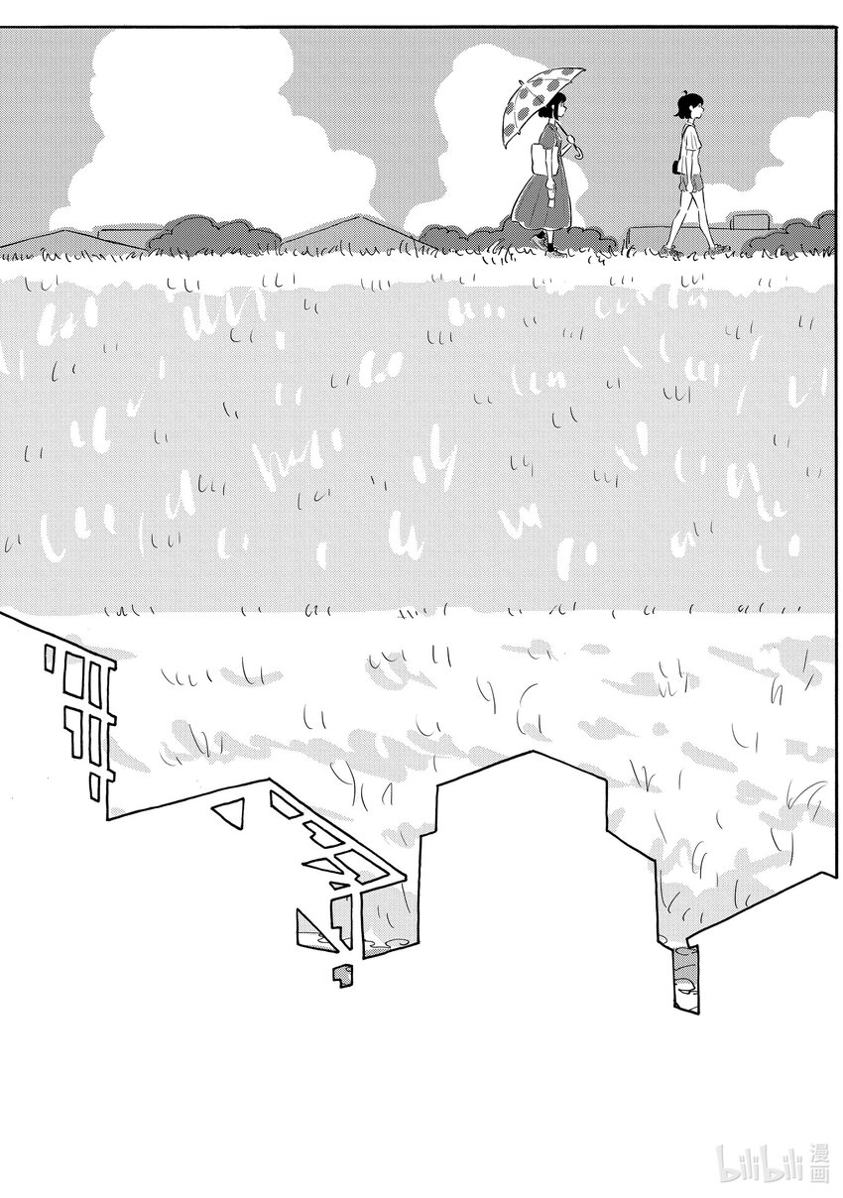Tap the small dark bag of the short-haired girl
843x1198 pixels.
(x=677, y=167)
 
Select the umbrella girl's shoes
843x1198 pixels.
(x=551, y=244)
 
